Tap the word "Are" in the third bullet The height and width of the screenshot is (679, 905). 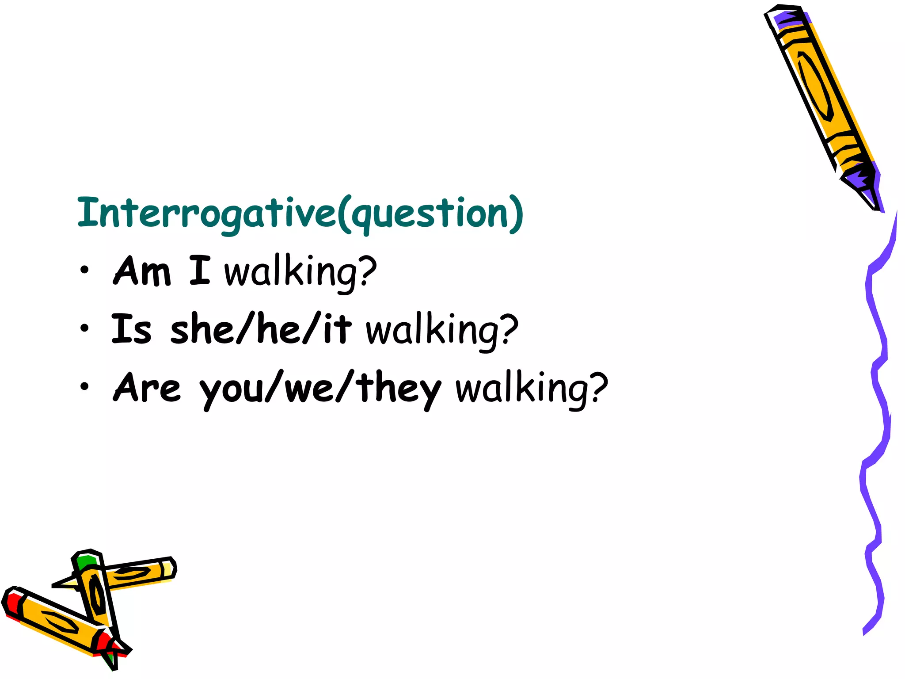[x=147, y=387]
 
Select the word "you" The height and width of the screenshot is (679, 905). [x=232, y=391]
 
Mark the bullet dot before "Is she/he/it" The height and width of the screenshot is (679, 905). [x=84, y=328]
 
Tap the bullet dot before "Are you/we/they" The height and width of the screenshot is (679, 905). [x=84, y=387]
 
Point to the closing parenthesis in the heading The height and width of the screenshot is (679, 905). [x=516, y=215]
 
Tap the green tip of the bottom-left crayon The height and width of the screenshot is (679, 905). [x=86, y=561]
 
